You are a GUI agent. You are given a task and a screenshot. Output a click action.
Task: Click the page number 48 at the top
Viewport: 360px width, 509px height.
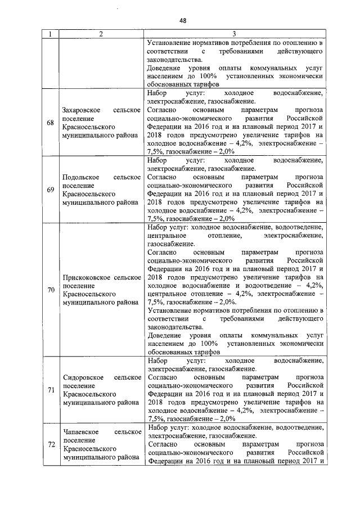[x=183, y=21]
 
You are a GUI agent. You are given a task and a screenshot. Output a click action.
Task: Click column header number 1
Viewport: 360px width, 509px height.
[x=51, y=34]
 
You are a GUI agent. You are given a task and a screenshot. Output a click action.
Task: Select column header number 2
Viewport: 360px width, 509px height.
[x=101, y=34]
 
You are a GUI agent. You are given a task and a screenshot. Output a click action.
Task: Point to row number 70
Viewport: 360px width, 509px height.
[x=51, y=290]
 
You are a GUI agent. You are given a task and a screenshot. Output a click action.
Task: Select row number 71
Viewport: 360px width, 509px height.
[x=51, y=389]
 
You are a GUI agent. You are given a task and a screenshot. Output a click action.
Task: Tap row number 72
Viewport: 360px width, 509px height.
[x=51, y=444]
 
